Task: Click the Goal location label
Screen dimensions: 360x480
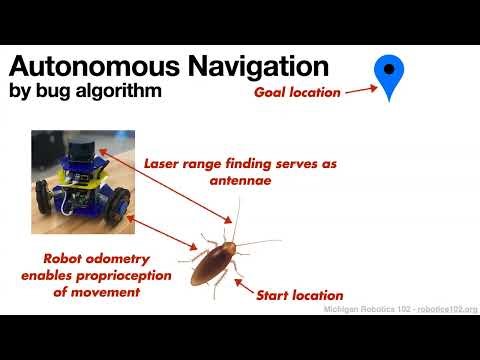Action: coord(298,92)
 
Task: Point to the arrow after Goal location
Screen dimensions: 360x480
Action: coord(361,90)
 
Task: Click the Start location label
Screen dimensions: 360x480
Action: coord(300,296)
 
